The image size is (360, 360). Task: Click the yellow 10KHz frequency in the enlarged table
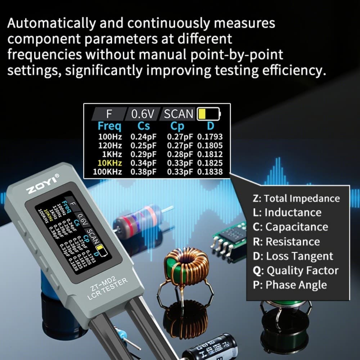coord(110,163)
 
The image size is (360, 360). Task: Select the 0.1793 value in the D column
coord(210,137)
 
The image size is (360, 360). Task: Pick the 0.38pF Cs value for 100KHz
coord(143,172)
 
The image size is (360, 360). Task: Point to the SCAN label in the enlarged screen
coord(179,114)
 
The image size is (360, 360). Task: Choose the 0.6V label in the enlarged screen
coord(143,114)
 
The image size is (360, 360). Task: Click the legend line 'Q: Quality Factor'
coord(296,270)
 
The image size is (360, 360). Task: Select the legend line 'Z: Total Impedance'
coord(296,198)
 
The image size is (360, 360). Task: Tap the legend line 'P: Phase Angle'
coord(290,285)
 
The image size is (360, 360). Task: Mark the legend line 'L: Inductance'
coord(287,212)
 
